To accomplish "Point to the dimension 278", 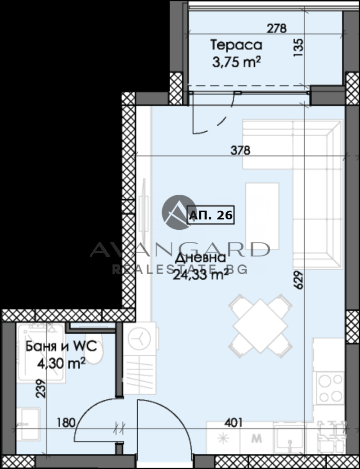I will (x=276, y=29).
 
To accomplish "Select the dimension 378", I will (x=240, y=150).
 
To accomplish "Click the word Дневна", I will (x=200, y=258).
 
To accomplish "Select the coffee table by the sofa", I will (x=262, y=216).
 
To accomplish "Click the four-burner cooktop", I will (x=330, y=389).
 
